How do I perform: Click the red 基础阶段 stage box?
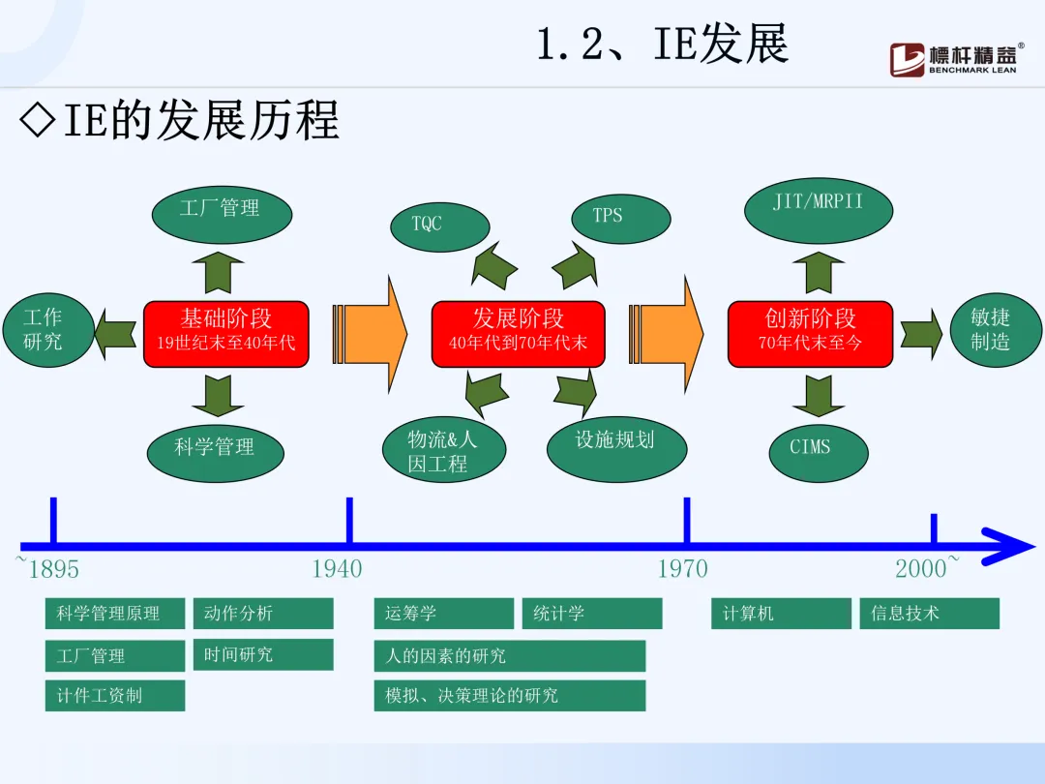[x=226, y=334]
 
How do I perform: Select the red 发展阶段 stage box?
[x=518, y=334]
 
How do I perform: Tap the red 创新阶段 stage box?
[x=810, y=334]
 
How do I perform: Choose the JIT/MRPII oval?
[x=819, y=205]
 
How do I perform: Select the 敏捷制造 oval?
[x=993, y=329]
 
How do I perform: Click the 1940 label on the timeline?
[x=337, y=569]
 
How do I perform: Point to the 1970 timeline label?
[x=683, y=569]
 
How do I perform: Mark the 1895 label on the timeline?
[x=54, y=569]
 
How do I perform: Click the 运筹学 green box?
[x=443, y=614]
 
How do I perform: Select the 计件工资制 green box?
[x=114, y=696]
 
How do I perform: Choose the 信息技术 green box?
[x=929, y=614]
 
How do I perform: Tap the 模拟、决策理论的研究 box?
[x=509, y=696]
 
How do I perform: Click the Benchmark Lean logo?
[x=956, y=59]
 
